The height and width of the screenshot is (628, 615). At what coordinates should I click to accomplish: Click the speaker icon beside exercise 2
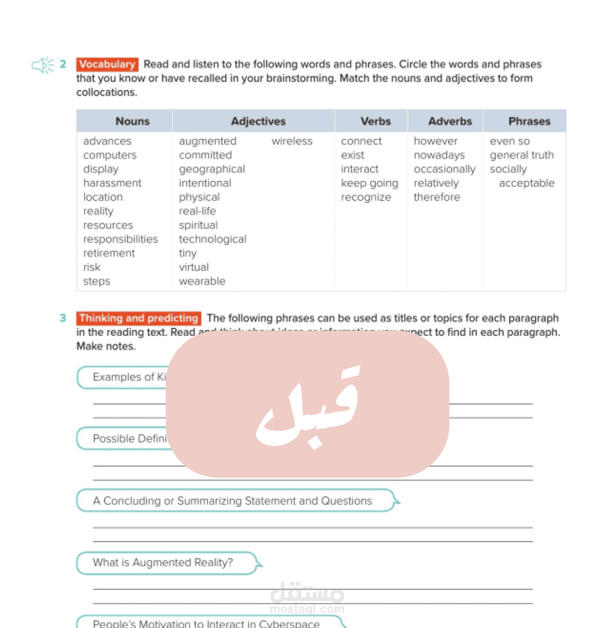pyautogui.click(x=42, y=65)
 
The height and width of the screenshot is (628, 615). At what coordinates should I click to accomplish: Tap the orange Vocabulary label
pyautogui.click(x=107, y=64)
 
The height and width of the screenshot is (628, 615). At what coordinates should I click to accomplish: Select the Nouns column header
pyautogui.click(x=133, y=121)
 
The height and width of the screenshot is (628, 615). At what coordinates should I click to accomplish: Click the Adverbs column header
pyautogui.click(x=450, y=121)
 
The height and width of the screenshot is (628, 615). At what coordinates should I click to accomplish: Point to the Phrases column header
pyautogui.click(x=529, y=121)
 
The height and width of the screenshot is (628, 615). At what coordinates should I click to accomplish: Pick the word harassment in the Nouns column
pyautogui.click(x=112, y=183)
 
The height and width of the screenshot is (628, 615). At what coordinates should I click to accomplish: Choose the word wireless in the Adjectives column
pyautogui.click(x=292, y=141)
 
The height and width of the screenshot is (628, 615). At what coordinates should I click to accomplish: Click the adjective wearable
pyautogui.click(x=202, y=281)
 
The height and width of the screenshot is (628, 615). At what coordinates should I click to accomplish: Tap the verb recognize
pyautogui.click(x=366, y=197)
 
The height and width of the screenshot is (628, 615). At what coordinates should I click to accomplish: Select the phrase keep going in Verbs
pyautogui.click(x=369, y=183)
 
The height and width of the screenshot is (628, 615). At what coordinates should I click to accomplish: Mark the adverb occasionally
pyautogui.click(x=444, y=169)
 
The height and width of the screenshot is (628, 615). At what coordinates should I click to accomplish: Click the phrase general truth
pyautogui.click(x=521, y=155)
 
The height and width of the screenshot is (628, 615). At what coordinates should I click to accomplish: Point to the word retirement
pyautogui.click(x=109, y=253)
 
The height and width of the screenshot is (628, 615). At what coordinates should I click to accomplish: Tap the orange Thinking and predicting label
pyautogui.click(x=139, y=318)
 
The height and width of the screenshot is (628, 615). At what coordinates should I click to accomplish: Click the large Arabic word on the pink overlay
pyautogui.click(x=307, y=407)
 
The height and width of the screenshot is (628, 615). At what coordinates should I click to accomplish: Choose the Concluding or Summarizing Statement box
pyautogui.click(x=233, y=501)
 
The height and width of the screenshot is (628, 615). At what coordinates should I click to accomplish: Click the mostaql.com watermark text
pyautogui.click(x=307, y=609)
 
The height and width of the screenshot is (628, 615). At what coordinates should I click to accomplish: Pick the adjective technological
pyautogui.click(x=212, y=239)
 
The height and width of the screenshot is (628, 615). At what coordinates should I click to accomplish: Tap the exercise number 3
pyautogui.click(x=63, y=318)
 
